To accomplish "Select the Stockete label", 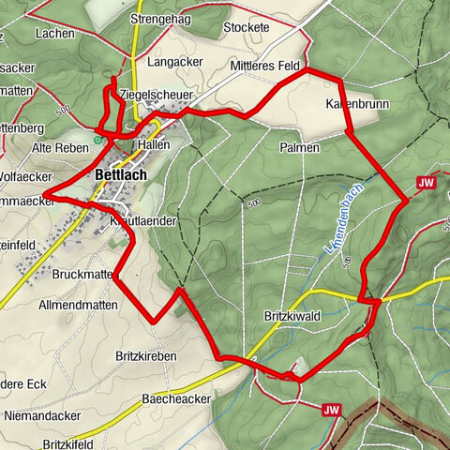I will click(247, 27).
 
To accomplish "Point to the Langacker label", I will click(175, 63).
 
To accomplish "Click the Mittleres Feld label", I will click(264, 67).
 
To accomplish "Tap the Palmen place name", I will click(299, 148).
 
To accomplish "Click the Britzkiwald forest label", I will click(292, 317).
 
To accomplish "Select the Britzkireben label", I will click(146, 356).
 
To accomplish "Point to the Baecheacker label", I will click(175, 399).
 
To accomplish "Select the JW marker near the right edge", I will click(428, 184).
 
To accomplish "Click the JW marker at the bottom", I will click(330, 410).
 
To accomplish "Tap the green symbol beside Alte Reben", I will click(98, 141).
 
